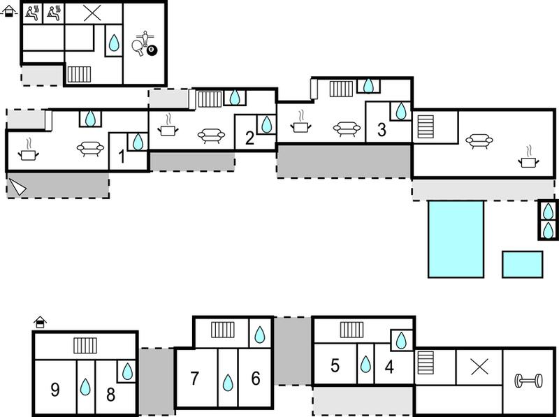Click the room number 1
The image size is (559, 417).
(122, 157)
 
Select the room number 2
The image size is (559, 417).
(249, 138)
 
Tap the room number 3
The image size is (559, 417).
(382, 130)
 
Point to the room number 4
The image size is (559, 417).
(389, 367)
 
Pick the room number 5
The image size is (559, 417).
(335, 366)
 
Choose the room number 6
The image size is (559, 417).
(256, 379)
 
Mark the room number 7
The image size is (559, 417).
(194, 379)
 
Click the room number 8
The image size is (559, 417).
(111, 395)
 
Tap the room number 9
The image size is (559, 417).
(55, 390)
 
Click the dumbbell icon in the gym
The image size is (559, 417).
(528, 381)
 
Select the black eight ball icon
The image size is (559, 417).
(152, 50)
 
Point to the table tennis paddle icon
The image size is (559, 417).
(138, 47)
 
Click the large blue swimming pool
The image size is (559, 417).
(456, 239)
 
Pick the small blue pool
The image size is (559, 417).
(523, 265)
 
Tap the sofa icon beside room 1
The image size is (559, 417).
(91, 148)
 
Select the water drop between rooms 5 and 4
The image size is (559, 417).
(365, 364)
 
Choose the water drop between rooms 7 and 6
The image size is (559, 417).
(228, 383)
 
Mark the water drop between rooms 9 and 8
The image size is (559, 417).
(85, 387)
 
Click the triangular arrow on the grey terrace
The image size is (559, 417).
(17, 186)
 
